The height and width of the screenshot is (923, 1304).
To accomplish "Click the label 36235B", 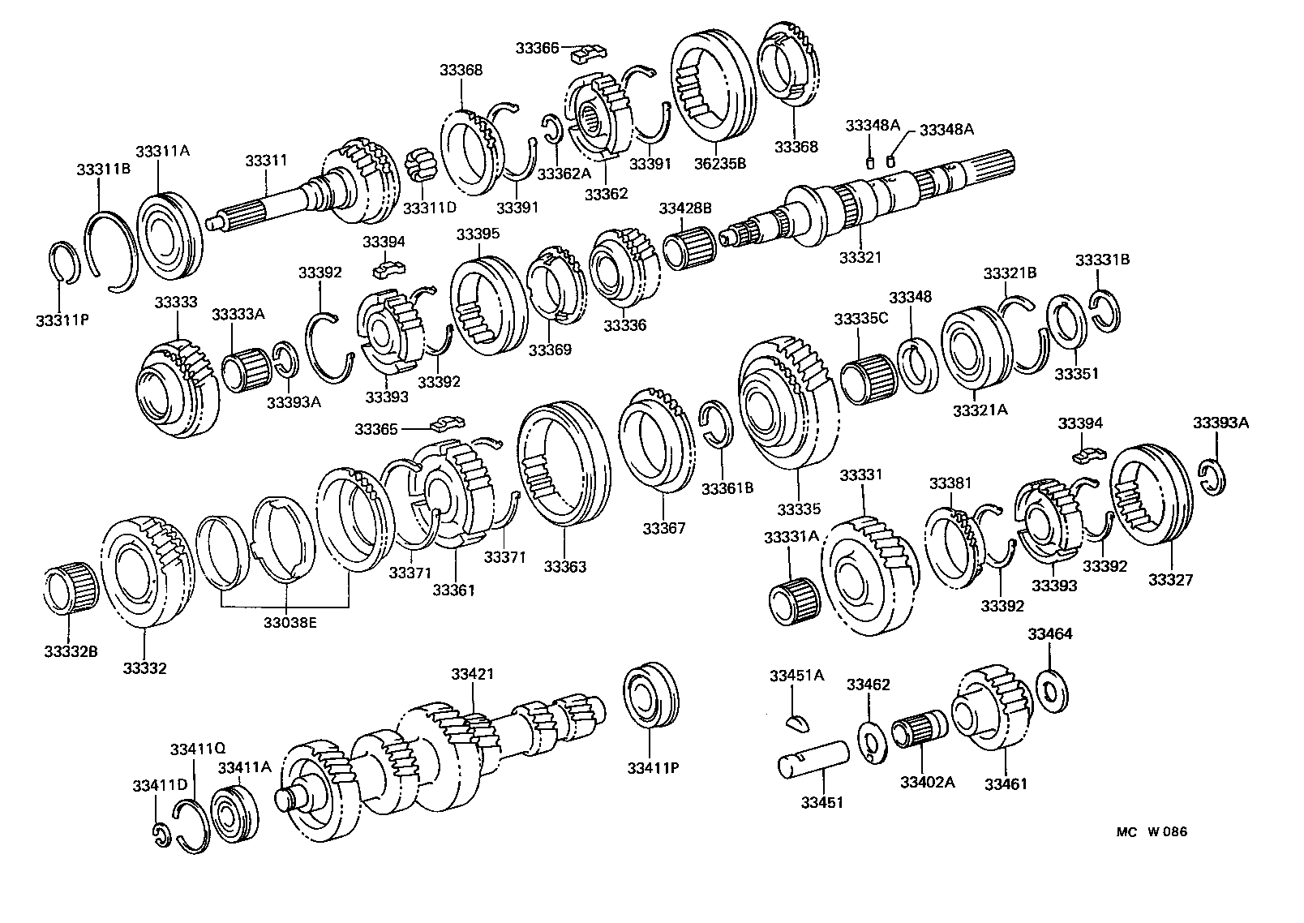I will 719,163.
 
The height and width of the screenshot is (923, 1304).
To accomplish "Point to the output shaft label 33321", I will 860,257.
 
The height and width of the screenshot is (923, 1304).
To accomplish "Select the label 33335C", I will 860,320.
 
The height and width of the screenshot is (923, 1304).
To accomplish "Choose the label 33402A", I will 927,783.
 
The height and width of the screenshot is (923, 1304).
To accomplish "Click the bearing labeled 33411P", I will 653,698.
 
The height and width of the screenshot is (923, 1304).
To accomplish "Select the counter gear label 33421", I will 473,674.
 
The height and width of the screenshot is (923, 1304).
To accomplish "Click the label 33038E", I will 290,622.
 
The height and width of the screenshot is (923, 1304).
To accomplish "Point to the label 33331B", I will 1102,260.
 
